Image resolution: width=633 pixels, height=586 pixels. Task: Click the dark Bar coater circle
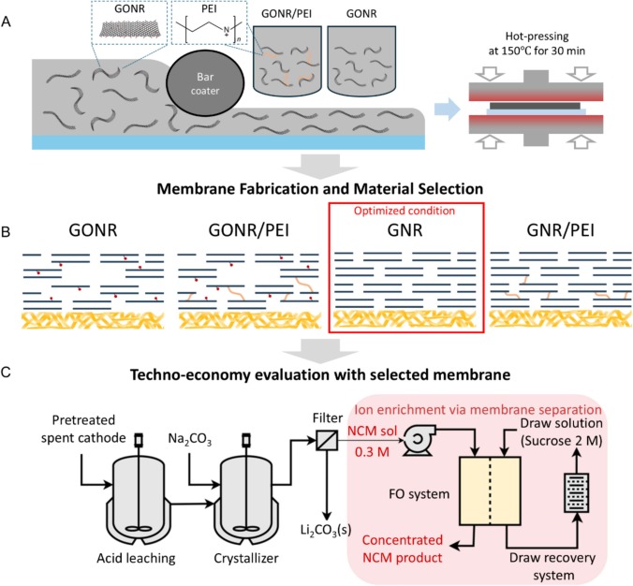(x=202, y=103)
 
